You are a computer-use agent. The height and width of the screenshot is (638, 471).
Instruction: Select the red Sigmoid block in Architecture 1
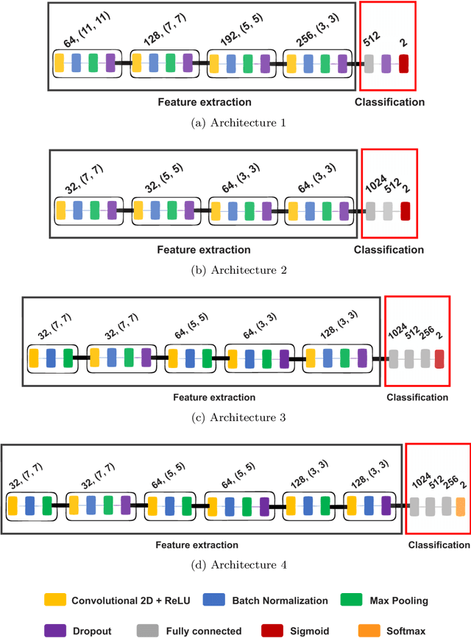(x=403, y=63)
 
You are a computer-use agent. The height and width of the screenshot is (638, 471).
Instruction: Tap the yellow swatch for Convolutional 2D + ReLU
(x=55, y=600)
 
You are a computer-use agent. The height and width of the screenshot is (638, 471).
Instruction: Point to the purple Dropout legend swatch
(x=55, y=631)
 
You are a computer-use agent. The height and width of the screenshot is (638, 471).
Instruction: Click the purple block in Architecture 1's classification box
(x=386, y=63)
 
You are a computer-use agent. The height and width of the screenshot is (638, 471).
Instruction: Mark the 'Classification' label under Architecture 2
(x=389, y=249)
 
